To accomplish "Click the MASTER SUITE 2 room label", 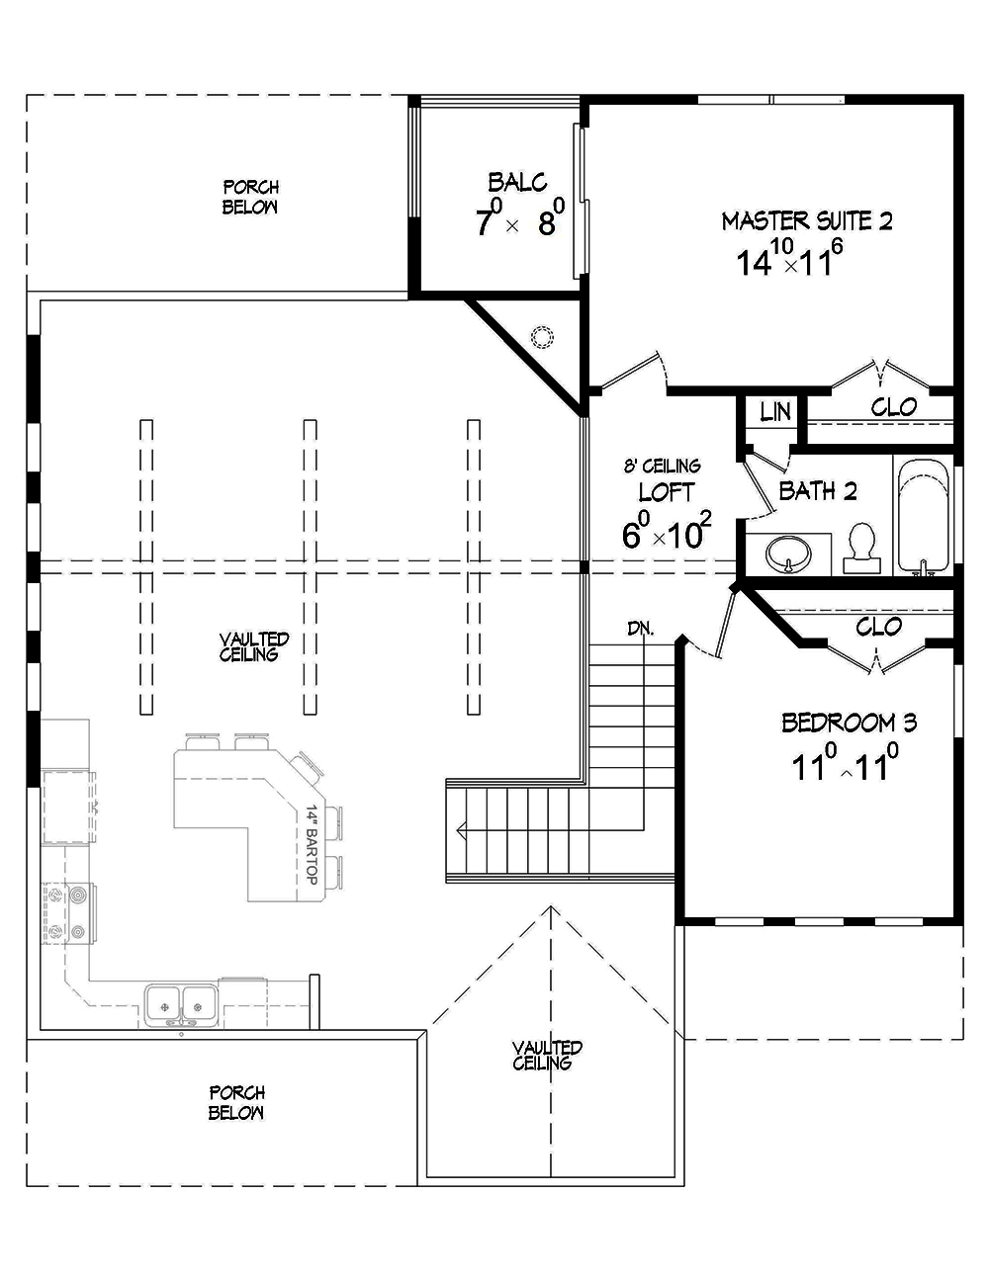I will pos(806,220).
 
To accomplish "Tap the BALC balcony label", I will pos(517,182).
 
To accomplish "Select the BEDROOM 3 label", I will pos(849,723).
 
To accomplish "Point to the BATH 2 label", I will pos(817,491).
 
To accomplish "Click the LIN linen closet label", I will pos(775,411).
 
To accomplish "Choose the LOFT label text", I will pos(666,491).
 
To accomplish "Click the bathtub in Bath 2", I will pos(922,516).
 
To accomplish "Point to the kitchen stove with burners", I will pos(66,914).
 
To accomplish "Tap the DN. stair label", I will pos(639,628).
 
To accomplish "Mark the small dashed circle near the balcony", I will pos(541,337).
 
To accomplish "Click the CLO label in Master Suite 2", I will pos(893,406).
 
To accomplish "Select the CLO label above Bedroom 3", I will pos(878,627).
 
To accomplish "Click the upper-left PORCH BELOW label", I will pos(249,197).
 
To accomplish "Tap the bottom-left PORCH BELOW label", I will pos(236,1102).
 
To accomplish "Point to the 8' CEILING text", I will pos(662,466).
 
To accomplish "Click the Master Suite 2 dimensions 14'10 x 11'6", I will pos(788,261).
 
